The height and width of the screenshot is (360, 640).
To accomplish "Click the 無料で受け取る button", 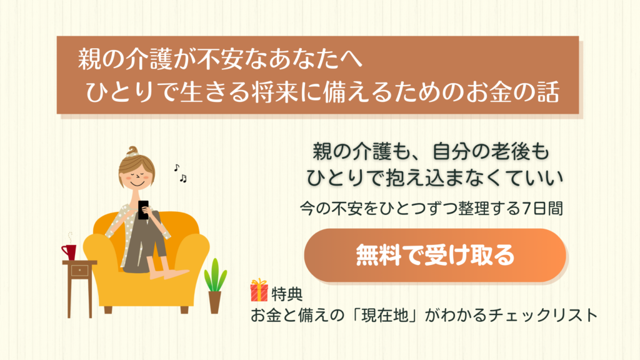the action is (435, 255).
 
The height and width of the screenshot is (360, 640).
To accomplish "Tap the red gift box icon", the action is (259, 290).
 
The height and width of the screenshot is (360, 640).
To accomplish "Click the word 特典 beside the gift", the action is (287, 294).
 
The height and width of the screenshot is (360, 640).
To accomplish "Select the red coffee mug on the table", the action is (69, 252).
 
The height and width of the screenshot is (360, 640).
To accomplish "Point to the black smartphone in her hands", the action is (143, 210).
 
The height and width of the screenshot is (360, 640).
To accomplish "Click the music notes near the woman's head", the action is (181, 173).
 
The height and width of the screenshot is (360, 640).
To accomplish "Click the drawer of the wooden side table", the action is (79, 270).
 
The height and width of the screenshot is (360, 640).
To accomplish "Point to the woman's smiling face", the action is (137, 176).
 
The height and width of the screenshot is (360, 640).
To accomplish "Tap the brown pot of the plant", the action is (215, 302).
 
